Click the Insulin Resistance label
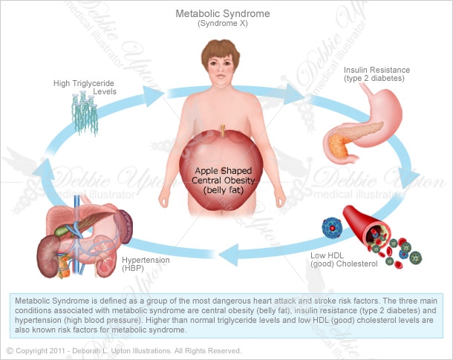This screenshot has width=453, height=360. (x=377, y=73)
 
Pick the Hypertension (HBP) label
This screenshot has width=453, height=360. (x=146, y=264)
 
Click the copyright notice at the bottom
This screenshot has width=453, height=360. (x=123, y=350)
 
